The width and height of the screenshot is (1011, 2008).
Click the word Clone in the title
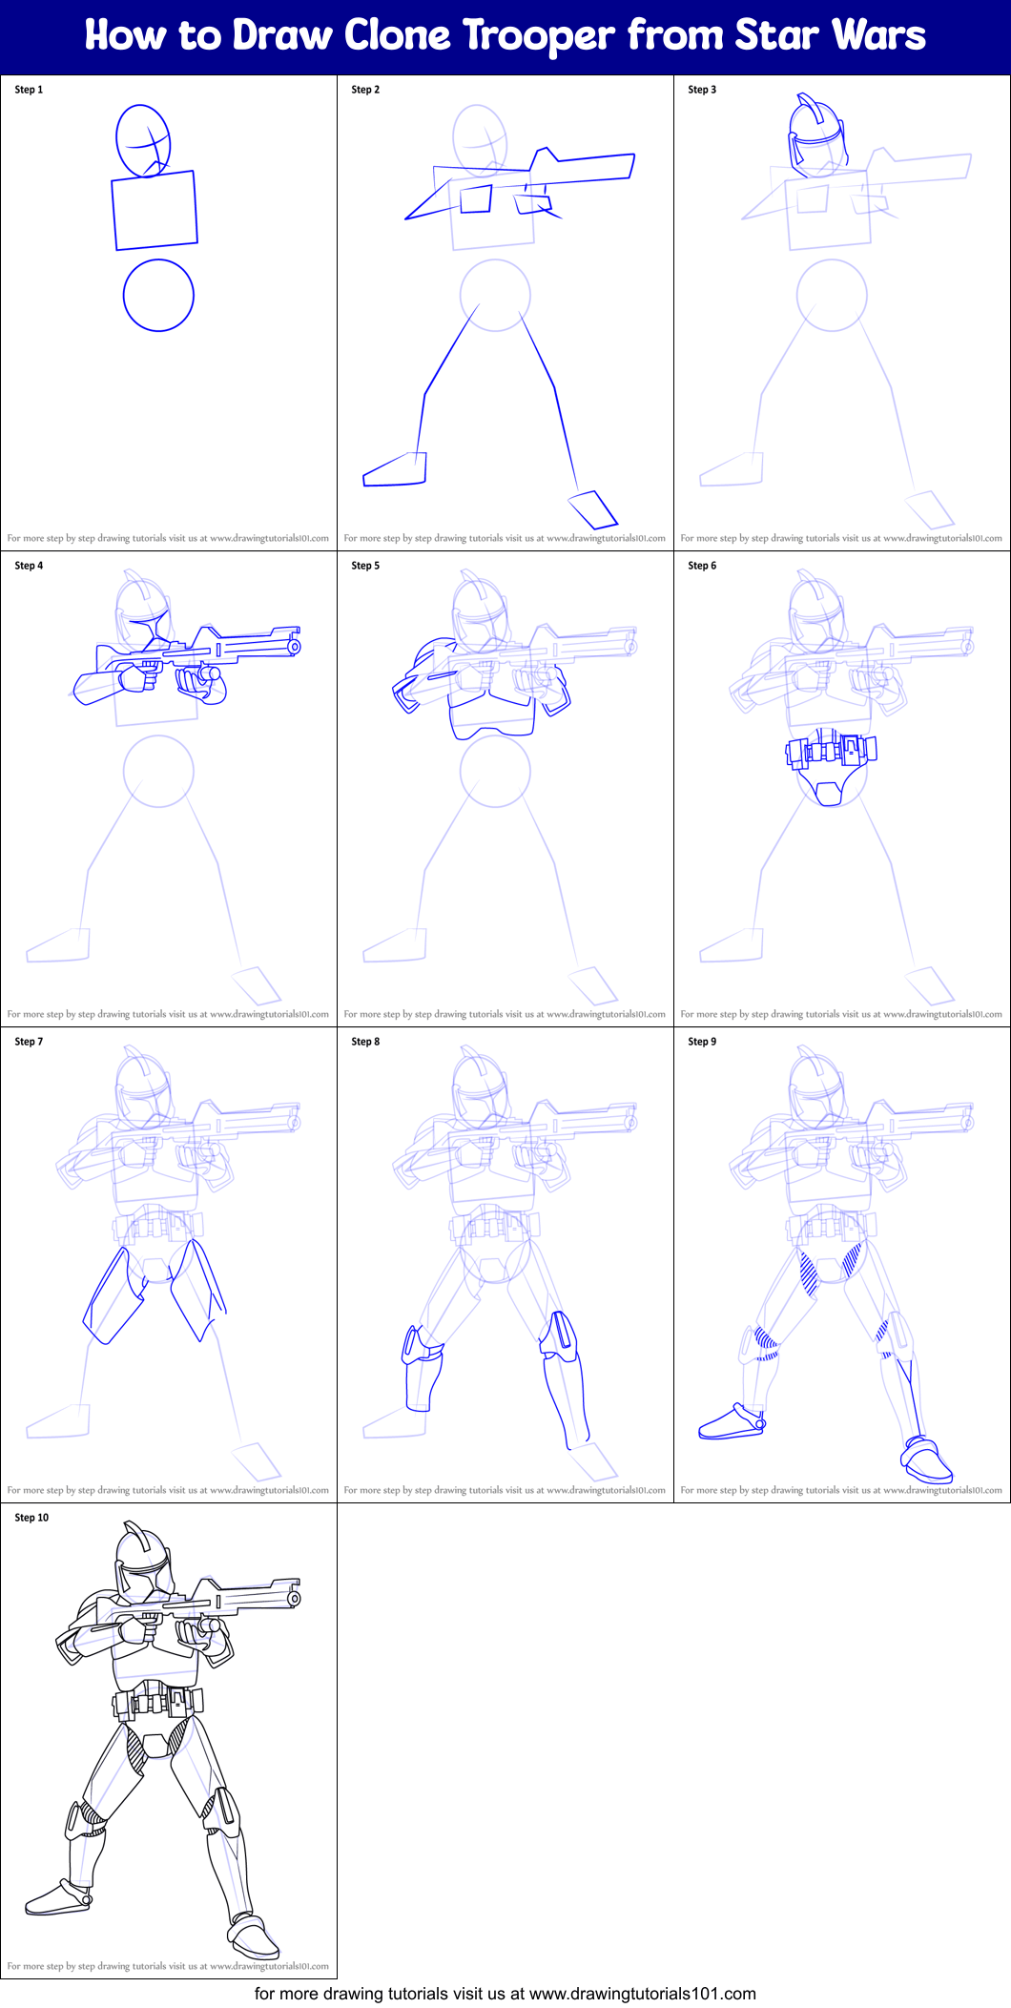(x=397, y=35)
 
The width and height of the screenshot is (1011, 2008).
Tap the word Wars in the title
(x=877, y=35)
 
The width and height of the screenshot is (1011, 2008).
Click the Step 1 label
(x=29, y=90)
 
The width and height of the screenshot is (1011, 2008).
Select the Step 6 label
(x=702, y=566)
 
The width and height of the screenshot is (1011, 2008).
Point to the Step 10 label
(x=31, y=1518)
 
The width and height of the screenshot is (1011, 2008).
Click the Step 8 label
(x=365, y=1042)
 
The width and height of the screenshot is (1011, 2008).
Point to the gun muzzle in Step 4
(x=295, y=646)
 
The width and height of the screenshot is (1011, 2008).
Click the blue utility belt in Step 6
(x=831, y=750)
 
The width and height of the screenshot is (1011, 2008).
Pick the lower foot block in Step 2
(x=593, y=509)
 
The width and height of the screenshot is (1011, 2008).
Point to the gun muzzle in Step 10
(x=295, y=1598)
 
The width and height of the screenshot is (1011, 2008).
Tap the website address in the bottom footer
(x=643, y=1994)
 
